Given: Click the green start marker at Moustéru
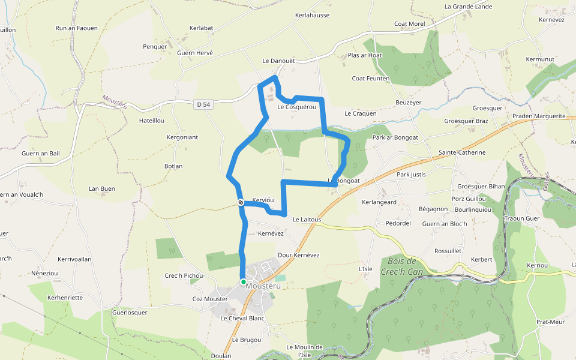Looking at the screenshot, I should tap(244, 281).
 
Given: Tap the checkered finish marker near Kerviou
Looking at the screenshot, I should tap(240, 203).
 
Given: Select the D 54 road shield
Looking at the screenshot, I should tap(204, 104).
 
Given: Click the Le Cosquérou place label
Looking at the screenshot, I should tap(297, 107).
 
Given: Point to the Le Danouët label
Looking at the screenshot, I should tap(279, 61).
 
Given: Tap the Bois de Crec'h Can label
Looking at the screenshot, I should tap(402, 266).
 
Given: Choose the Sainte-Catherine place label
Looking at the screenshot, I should tap(462, 152).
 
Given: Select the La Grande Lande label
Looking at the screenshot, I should tap(468, 7).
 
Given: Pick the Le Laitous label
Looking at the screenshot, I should tap(307, 220).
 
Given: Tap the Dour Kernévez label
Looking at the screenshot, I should tap(299, 255).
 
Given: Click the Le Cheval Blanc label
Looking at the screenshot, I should tap(242, 318).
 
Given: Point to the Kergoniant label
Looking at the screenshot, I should tap(182, 137).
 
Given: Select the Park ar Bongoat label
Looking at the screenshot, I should tap(395, 137).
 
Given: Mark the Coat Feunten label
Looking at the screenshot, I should tap(371, 79).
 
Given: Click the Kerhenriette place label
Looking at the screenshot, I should tap(65, 298).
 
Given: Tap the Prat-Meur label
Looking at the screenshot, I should tap(551, 322).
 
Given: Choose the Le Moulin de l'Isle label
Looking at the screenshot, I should tap(304, 350).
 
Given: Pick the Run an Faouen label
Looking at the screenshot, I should tap(76, 28).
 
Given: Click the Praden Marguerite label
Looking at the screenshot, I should tap(539, 116).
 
